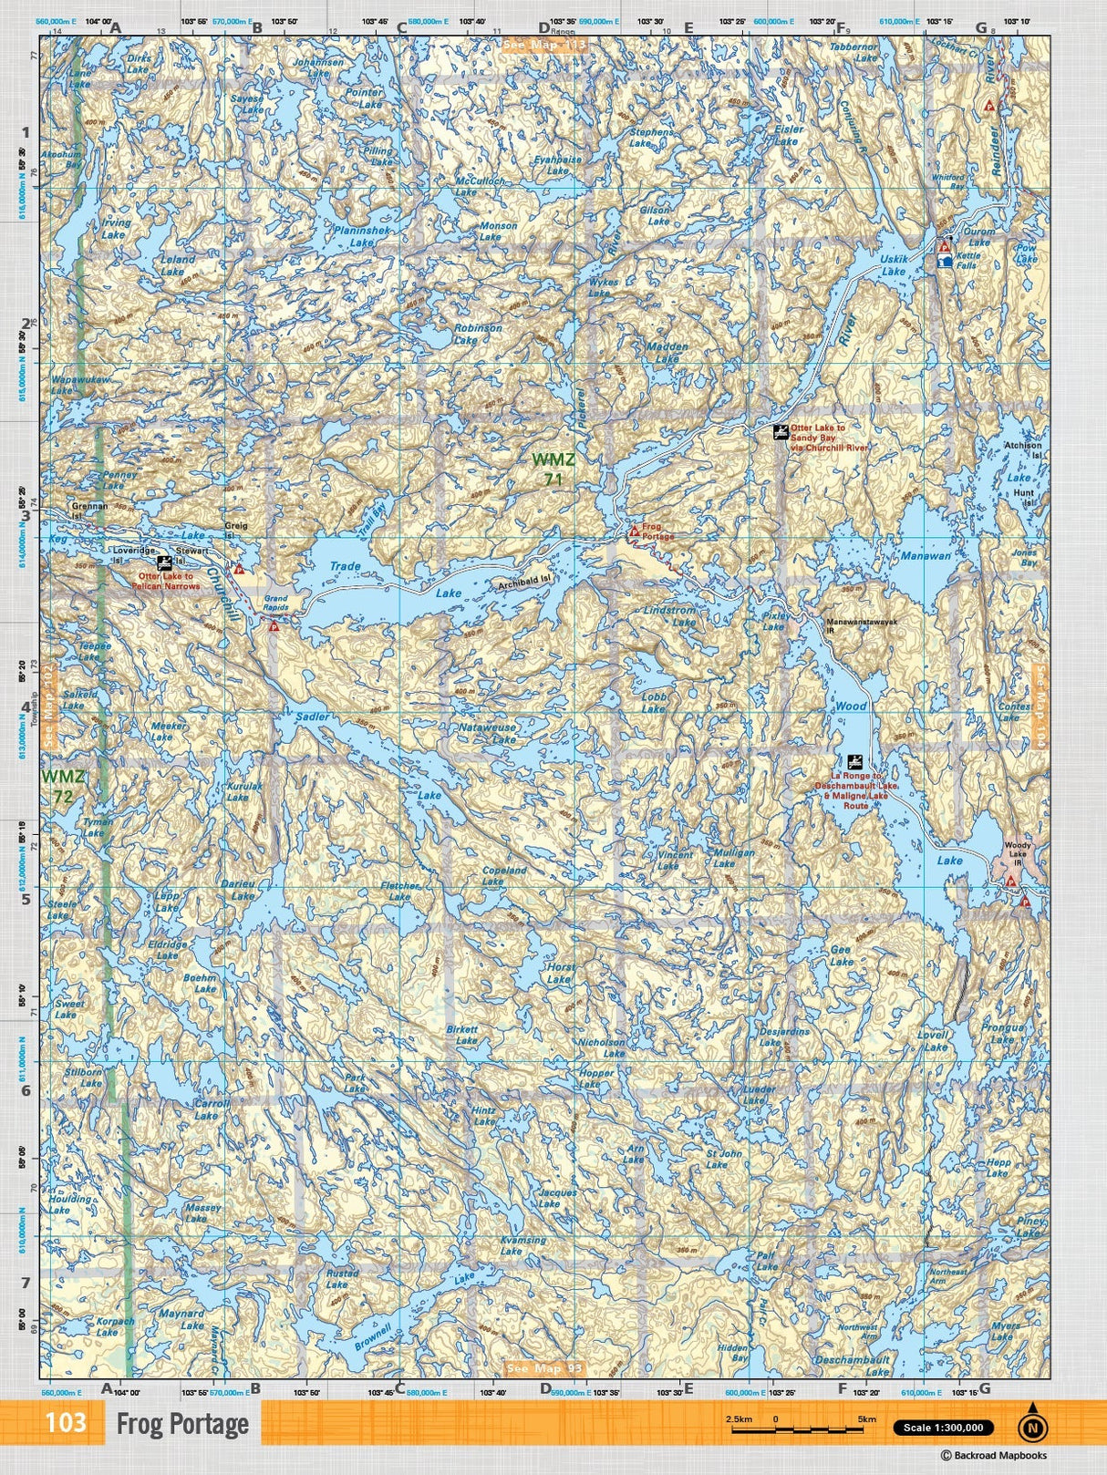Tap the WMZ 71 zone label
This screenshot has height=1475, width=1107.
[x=553, y=469]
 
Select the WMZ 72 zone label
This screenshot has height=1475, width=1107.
[x=63, y=786]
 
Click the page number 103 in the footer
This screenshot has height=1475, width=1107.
[x=66, y=1422]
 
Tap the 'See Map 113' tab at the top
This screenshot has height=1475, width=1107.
[x=544, y=44]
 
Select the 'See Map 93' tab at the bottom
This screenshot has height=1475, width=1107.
[x=543, y=1368]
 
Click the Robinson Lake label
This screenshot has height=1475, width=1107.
[x=478, y=334]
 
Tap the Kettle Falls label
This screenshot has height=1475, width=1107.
[x=967, y=261]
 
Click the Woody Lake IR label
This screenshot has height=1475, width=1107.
[x=1017, y=854]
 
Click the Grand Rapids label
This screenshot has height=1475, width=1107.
[x=275, y=603]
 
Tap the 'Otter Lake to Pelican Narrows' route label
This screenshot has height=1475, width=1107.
[x=169, y=582]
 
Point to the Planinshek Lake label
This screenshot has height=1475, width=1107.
[x=362, y=237]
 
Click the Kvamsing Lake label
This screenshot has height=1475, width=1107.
[x=523, y=1245]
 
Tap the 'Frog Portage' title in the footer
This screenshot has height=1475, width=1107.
[x=182, y=1423]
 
